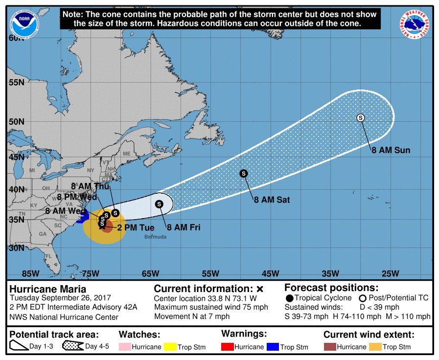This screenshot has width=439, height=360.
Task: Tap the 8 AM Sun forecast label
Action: (x=390, y=150)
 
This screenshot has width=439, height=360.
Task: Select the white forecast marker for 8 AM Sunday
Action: (x=361, y=117)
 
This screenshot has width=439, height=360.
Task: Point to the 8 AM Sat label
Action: (x=272, y=200)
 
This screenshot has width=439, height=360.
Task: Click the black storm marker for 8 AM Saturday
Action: (x=243, y=173)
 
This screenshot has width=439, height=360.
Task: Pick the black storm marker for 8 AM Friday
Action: (x=159, y=204)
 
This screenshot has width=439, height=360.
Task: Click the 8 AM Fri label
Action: (x=184, y=227)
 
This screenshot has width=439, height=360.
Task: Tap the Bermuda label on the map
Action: (x=155, y=237)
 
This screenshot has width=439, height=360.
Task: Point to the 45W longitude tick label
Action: (x=270, y=273)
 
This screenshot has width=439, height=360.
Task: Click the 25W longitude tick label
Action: (x=390, y=273)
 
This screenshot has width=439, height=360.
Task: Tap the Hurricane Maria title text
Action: (x=48, y=289)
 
